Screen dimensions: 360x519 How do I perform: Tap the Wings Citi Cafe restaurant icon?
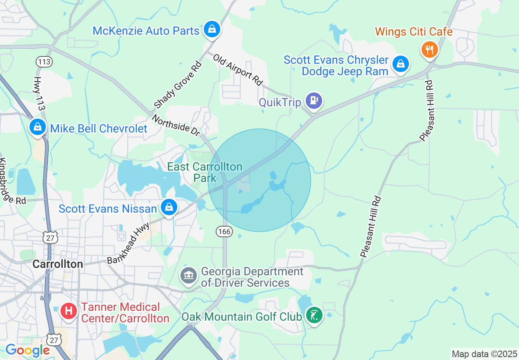pyautogui.click(x=429, y=50)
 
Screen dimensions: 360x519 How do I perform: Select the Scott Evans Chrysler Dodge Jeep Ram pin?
pyautogui.click(x=400, y=64)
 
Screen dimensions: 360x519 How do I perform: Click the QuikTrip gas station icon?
pyautogui.click(x=314, y=100)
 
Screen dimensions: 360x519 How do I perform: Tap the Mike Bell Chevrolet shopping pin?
pyautogui.click(x=37, y=127)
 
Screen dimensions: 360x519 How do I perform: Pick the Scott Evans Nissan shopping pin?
pyautogui.click(x=168, y=207)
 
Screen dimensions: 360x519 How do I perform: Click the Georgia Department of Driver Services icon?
pyautogui.click(x=189, y=276)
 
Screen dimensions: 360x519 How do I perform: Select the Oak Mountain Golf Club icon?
pyautogui.click(x=314, y=315)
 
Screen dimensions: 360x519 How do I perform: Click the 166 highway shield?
pyautogui.click(x=225, y=232)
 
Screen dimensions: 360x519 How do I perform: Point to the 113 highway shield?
pyautogui.click(x=44, y=62)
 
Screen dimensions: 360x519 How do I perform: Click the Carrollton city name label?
pyautogui.click(x=58, y=264)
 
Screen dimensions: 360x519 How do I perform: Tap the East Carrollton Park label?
pyautogui.click(x=205, y=172)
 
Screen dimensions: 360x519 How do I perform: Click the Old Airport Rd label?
pyautogui.click(x=238, y=69)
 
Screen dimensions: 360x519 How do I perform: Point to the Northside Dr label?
pyautogui.click(x=176, y=125)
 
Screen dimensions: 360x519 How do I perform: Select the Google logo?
pyautogui.click(x=27, y=350)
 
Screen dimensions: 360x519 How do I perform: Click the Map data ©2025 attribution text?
pyautogui.click(x=484, y=354)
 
